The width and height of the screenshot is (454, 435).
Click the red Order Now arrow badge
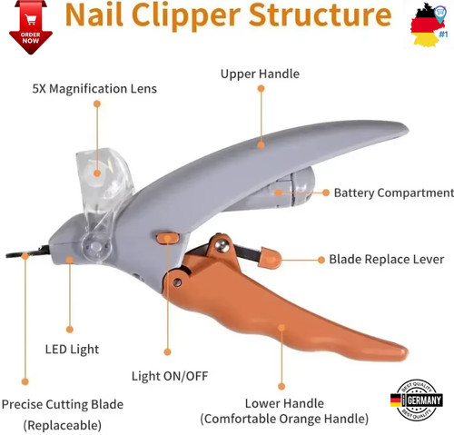tap(31, 27)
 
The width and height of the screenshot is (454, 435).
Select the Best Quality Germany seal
tap(417, 400)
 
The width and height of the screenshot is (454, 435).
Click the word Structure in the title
tap(321, 15)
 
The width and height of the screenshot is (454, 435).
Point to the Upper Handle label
tap(260, 74)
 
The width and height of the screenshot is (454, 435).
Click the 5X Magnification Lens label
tap(94, 89)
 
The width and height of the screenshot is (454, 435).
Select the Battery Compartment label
tap(393, 193)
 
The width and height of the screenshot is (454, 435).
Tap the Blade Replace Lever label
tap(387, 259)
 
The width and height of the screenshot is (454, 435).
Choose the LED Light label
tap(72, 350)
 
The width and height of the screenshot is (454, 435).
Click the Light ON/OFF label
tap(170, 376)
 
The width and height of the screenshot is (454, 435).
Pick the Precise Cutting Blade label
tap(63, 404)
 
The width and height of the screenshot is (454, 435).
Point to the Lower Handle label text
tap(284, 403)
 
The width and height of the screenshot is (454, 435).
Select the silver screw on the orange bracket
tap(224, 245)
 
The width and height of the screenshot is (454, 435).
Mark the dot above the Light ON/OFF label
tap(167, 351)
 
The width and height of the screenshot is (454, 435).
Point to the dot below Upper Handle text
tap(261, 88)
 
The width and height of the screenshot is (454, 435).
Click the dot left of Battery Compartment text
tap(326, 193)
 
